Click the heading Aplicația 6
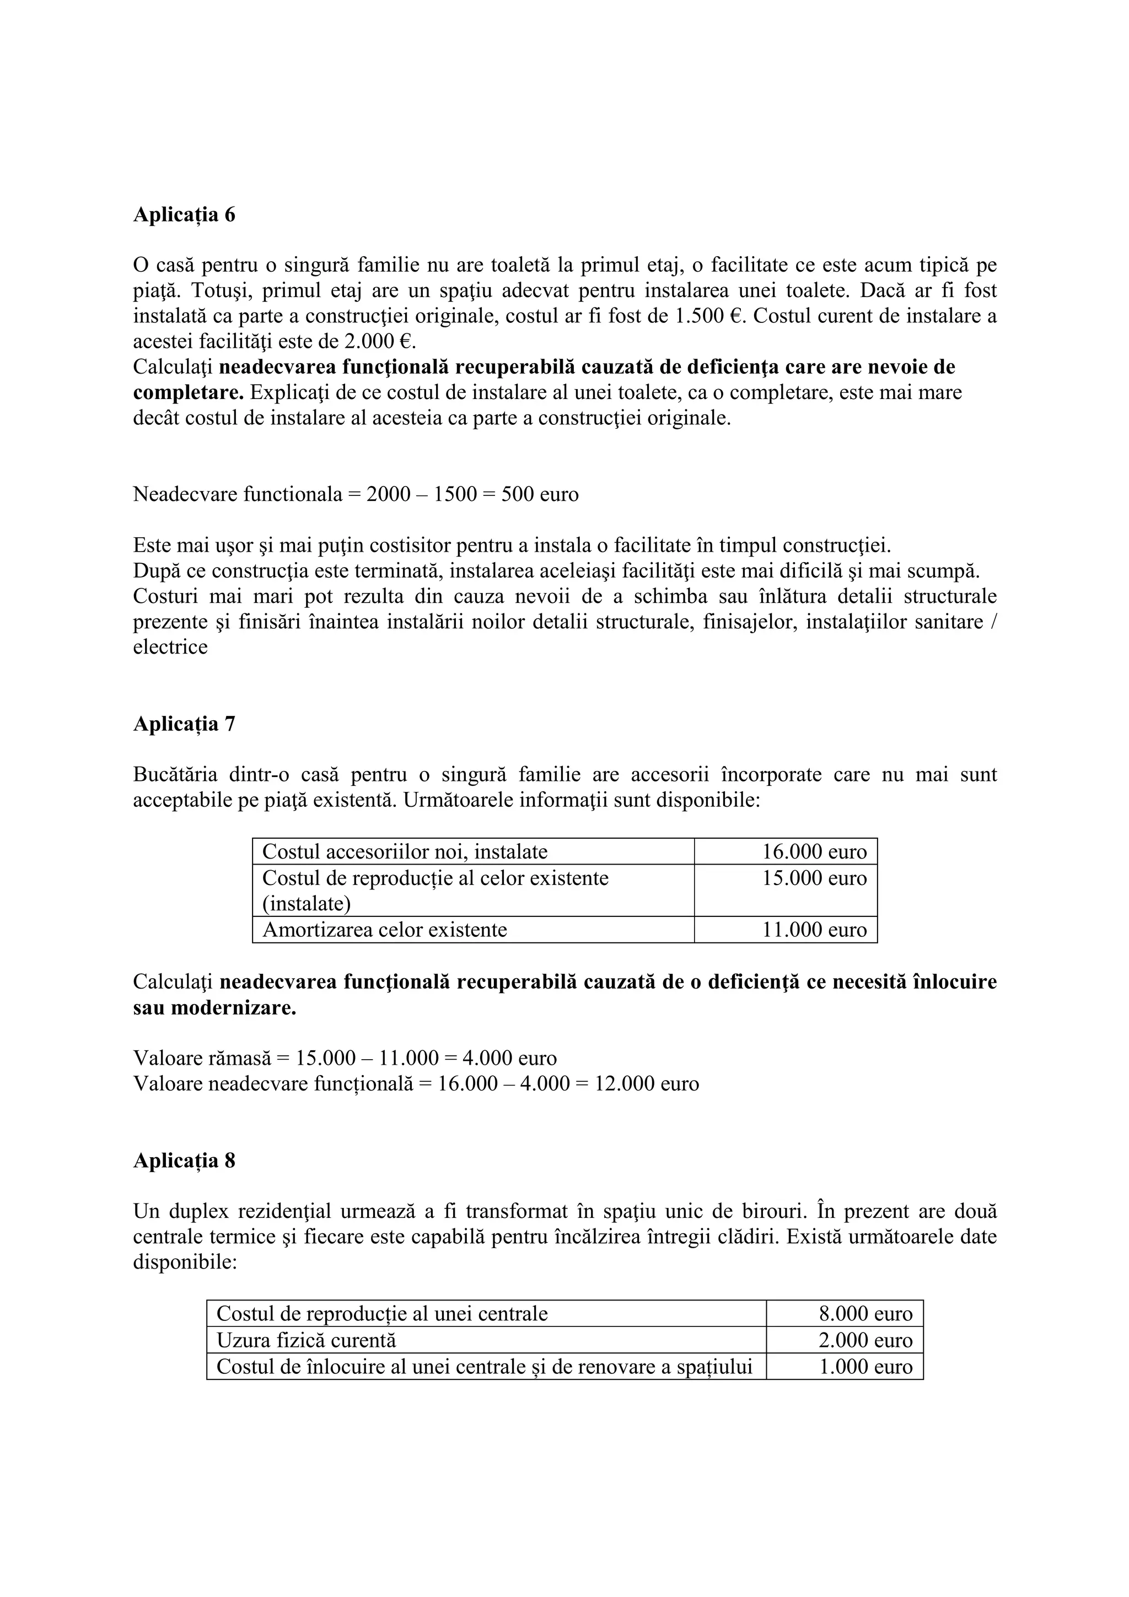pyautogui.click(x=184, y=215)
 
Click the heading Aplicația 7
pyautogui.click(x=184, y=724)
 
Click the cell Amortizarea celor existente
pyautogui.click(x=385, y=930)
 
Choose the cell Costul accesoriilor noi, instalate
pyautogui.click(x=405, y=851)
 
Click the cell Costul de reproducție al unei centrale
pyautogui.click(x=382, y=1314)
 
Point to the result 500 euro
pyautogui.click(x=539, y=494)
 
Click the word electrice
pyautogui.click(x=170, y=647)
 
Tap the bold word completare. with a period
pyautogui.click(x=188, y=393)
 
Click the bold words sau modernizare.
pyautogui.click(x=214, y=1008)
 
